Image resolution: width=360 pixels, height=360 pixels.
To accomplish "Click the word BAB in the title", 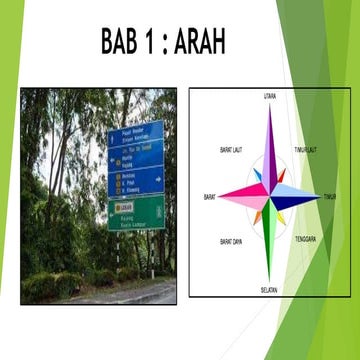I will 125,42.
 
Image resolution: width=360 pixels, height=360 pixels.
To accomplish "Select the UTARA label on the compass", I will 270,96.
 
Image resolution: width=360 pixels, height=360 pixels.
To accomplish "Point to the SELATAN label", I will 269,290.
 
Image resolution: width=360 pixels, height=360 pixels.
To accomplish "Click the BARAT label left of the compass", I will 210,196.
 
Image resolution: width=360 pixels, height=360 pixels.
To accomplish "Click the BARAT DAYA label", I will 231,242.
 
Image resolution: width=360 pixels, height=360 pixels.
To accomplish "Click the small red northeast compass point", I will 283,180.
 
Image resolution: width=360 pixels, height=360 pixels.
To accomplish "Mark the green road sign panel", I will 136,212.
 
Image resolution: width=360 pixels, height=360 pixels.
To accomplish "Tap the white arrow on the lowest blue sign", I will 158,180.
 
